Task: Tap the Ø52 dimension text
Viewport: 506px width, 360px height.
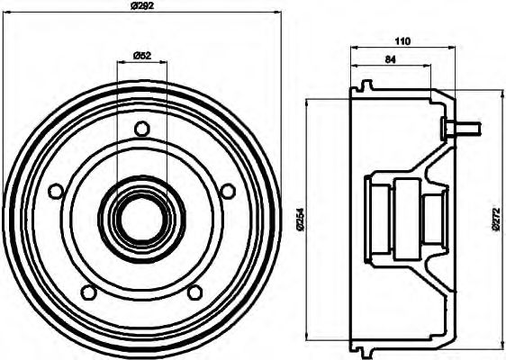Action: [x=141, y=56]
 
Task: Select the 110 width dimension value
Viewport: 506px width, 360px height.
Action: [x=402, y=40]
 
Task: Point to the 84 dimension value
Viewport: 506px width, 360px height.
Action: [x=390, y=59]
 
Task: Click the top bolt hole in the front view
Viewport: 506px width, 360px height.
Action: [x=141, y=129]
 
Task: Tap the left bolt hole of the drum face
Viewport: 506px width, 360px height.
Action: [x=56, y=191]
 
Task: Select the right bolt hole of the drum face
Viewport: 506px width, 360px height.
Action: [x=228, y=191]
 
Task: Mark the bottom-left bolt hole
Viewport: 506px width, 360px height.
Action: [x=88, y=291]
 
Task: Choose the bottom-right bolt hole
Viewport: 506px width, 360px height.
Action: [x=194, y=291]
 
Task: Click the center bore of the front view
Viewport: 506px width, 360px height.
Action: [x=141, y=216]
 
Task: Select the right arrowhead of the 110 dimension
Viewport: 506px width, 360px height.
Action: [x=450, y=47]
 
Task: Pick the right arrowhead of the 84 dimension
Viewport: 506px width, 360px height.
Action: [x=429, y=67]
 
